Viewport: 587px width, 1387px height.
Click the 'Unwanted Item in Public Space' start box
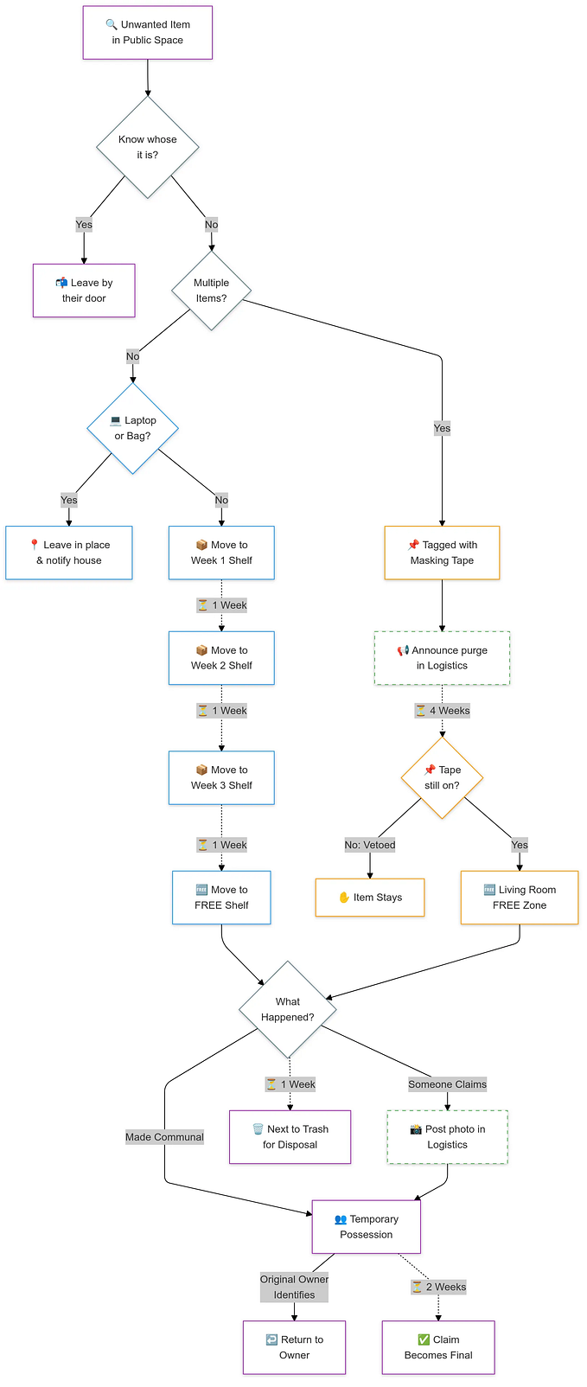click(x=148, y=33)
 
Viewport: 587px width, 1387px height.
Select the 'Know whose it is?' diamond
click(x=148, y=147)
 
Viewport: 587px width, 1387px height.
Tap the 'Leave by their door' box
click(x=84, y=291)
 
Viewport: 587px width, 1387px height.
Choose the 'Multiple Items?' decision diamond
click(x=212, y=291)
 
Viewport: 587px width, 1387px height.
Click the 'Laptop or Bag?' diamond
click(x=133, y=428)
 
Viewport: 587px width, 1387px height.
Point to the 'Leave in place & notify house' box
click(x=69, y=553)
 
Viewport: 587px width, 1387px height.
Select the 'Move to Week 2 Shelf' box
click(x=221, y=658)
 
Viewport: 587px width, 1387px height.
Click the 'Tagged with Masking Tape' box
click(x=442, y=553)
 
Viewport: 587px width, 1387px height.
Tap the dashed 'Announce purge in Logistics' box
click(x=442, y=658)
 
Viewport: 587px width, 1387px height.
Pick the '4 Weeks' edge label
click(x=443, y=711)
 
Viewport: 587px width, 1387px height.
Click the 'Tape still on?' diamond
click(x=442, y=777)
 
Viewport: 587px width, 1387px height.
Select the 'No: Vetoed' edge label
click(x=370, y=845)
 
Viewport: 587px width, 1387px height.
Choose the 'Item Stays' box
click(x=370, y=898)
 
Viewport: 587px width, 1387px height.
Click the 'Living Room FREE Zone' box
click(x=520, y=898)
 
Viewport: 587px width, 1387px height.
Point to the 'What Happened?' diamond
click(x=288, y=1009)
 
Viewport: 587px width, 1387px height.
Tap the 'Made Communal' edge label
click(x=165, y=1137)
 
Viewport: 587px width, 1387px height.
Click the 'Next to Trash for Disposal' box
click(x=290, y=1137)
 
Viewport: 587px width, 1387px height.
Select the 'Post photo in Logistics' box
click(x=447, y=1137)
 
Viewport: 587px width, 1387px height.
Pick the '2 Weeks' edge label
click(x=438, y=1287)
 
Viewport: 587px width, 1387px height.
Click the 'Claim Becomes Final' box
click(x=438, y=1347)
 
